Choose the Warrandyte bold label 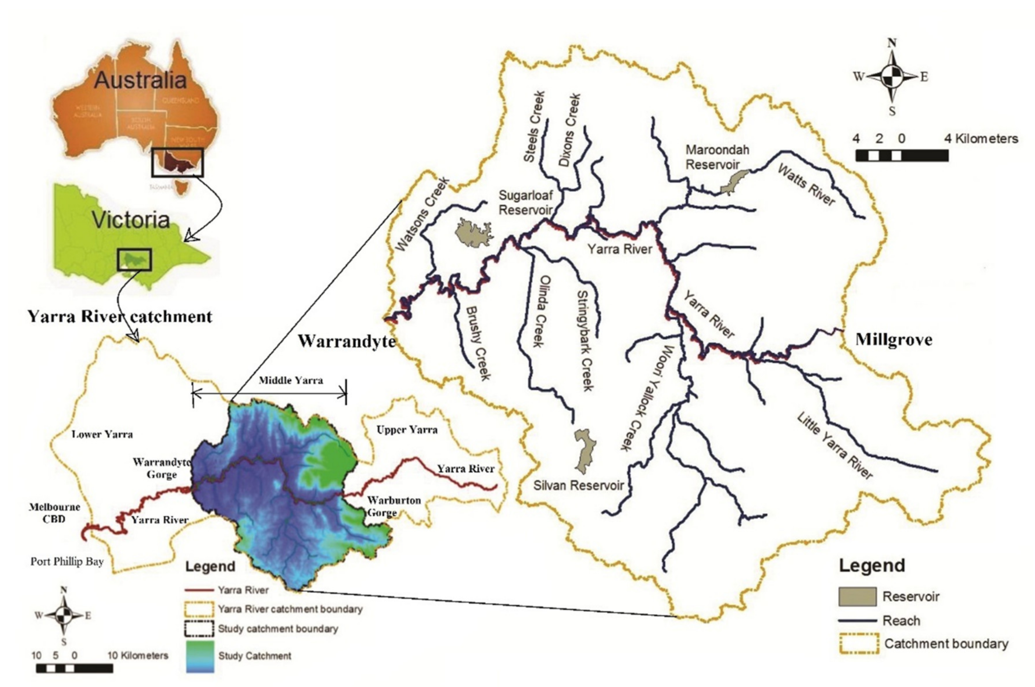pos(347,341)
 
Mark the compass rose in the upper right pos(892,77)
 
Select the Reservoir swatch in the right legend pos(857,596)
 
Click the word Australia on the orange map pos(140,80)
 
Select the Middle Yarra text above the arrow pos(291,380)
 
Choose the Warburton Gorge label pos(393,506)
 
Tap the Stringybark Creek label pos(586,341)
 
